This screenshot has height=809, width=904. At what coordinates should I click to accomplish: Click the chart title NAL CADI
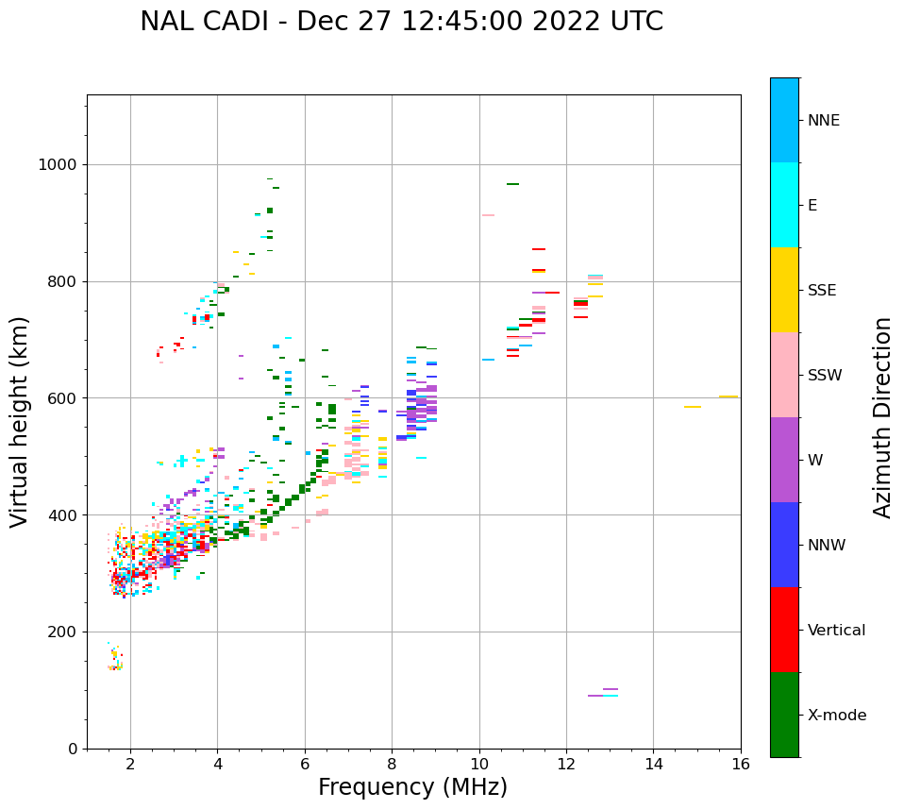401,22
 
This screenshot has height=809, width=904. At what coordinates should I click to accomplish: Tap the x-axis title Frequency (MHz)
412,787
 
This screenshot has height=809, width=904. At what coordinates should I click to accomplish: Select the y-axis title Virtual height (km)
20,422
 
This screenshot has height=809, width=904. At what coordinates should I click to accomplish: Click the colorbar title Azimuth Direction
882,417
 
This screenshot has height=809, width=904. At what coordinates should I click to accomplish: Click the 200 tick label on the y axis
62,632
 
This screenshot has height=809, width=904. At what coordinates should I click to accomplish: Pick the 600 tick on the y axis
62,398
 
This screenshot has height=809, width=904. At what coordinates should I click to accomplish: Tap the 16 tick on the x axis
741,764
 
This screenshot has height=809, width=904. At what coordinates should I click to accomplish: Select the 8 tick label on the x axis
392,764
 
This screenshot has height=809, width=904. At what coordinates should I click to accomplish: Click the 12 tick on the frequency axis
566,764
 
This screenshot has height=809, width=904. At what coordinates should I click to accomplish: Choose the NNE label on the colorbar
823,121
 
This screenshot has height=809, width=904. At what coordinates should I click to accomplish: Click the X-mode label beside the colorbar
836,716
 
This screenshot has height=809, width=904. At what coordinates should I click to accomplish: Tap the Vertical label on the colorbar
836,631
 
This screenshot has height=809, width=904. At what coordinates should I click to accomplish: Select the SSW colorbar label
825,376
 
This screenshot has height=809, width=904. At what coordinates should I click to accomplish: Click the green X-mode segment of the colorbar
784,715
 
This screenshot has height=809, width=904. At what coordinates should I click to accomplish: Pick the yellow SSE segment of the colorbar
784,290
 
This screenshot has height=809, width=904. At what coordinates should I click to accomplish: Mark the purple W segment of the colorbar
784,460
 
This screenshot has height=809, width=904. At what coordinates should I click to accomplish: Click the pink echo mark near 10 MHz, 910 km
488,215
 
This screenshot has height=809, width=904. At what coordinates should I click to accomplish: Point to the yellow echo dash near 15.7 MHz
728,396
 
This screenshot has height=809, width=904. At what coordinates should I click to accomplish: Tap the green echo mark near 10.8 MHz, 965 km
512,184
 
